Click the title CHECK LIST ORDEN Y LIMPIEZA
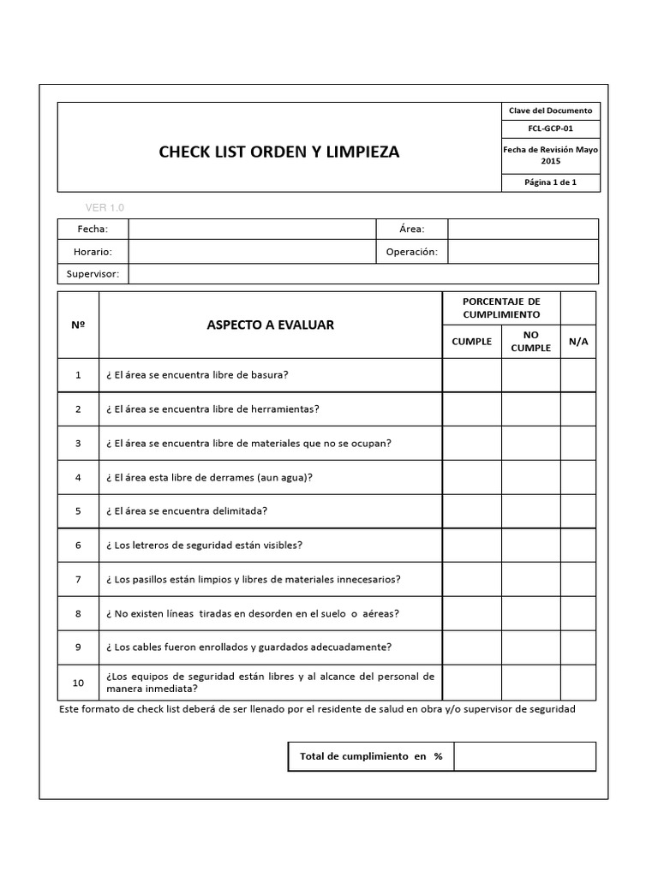coord(278,152)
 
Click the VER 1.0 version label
coord(105,207)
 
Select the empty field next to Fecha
coord(252,230)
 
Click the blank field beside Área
coord(523,230)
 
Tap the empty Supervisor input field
coord(362,274)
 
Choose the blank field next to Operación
coord(523,252)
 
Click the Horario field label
coord(93,252)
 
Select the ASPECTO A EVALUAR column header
coord(270,325)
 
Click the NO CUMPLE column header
coord(531,342)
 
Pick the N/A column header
coord(578,342)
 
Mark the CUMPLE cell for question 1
coord(471,375)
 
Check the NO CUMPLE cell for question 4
coord(531,477)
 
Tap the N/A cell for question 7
coord(578,579)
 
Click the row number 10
coord(79,683)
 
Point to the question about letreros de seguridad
coord(204,545)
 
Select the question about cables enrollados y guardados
coord(248,647)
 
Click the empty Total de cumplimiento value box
coord(524,756)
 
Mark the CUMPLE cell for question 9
coord(471,647)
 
